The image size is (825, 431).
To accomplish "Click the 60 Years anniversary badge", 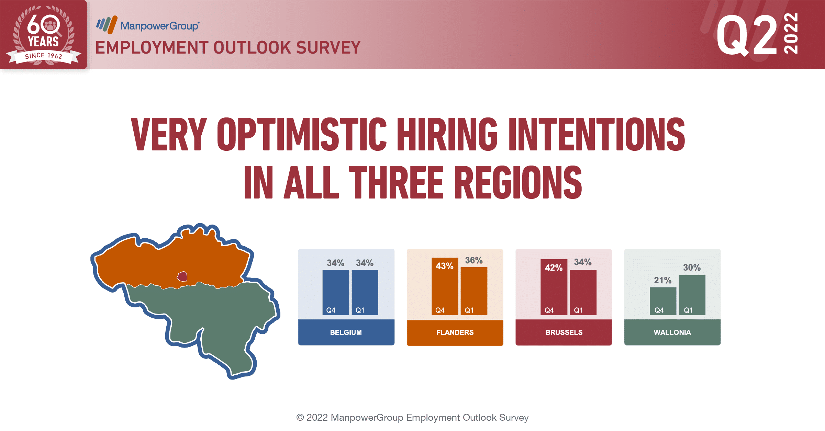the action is pyautogui.click(x=44, y=35).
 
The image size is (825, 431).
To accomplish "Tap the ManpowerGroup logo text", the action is pyautogui.click(x=160, y=26).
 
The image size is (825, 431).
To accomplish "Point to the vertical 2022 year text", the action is pyautogui.click(x=791, y=33).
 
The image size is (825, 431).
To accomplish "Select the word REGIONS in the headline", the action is pyautogui.click(x=518, y=182).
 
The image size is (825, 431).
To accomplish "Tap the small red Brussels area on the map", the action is pyautogui.click(x=182, y=276).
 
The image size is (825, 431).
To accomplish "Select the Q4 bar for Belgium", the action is pyautogui.click(x=336, y=292).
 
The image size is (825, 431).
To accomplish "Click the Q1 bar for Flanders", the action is pyautogui.click(x=474, y=291).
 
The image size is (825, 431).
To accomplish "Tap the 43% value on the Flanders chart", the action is pyautogui.click(x=445, y=266).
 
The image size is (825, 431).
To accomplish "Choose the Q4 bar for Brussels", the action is pyautogui.click(x=554, y=287).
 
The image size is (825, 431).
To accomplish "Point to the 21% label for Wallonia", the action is pyautogui.click(x=662, y=280).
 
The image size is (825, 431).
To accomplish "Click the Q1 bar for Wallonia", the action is pyautogui.click(x=692, y=295).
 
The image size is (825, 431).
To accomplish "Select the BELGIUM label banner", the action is pyautogui.click(x=346, y=332).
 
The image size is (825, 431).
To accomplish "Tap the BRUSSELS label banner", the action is pyautogui.click(x=564, y=332).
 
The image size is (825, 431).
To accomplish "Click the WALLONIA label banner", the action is pyautogui.click(x=672, y=332).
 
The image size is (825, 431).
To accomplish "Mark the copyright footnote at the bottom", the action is pyautogui.click(x=412, y=417).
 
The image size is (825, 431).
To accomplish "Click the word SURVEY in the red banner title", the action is pyautogui.click(x=328, y=47).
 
